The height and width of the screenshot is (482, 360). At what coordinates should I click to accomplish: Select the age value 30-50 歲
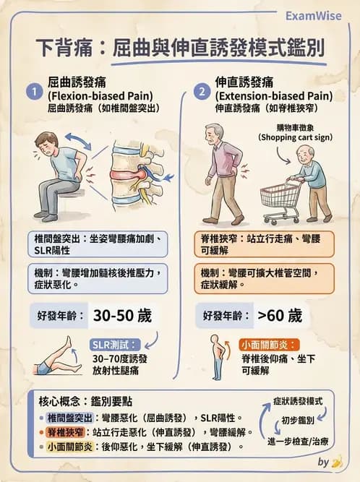(121, 316)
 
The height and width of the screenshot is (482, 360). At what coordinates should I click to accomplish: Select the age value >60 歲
(274, 316)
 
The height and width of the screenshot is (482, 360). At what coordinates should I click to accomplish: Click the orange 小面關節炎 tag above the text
(269, 344)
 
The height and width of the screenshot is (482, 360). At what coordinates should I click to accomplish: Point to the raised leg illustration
(58, 358)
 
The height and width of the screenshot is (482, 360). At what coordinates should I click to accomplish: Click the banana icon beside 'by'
(337, 461)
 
